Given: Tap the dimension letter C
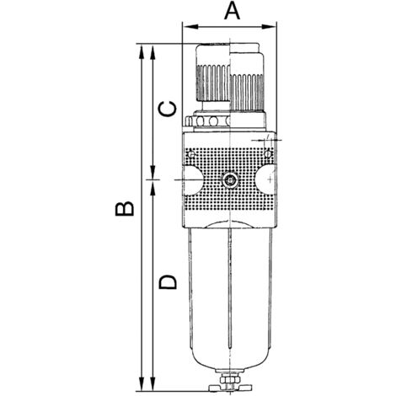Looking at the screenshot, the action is coord(169,110).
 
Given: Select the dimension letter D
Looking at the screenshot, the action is coord(169,281).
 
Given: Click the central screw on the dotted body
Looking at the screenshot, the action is coord(230,179).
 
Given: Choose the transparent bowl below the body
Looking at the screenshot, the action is coord(229,295).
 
